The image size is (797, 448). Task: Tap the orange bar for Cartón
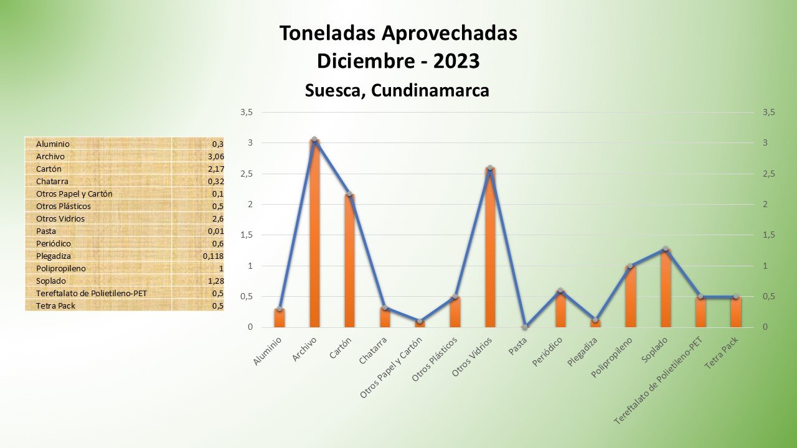349,261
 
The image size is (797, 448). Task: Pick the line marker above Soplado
666,249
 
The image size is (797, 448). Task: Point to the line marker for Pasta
526,327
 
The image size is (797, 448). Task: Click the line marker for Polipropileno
630,266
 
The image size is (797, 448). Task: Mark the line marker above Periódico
560,291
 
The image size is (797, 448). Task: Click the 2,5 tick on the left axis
246,174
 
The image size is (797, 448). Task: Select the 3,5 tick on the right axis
768,113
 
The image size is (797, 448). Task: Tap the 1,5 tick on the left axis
246,235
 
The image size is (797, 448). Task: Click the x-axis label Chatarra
374,350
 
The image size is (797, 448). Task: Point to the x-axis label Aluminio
268,351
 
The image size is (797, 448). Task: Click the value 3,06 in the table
215,157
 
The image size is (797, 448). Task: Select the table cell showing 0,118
213,256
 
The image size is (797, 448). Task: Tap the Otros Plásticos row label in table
64,207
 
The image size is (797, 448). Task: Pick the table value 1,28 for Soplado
215,281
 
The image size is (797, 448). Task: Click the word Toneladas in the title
327,34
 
